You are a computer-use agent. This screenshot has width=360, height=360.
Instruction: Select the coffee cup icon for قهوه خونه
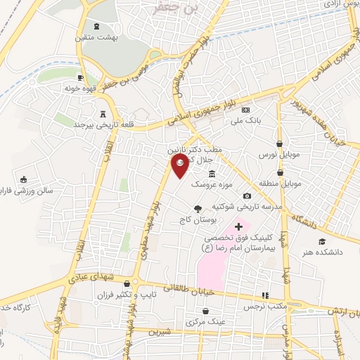[x=81, y=77]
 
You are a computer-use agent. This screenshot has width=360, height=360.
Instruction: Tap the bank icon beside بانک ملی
[x=245, y=110]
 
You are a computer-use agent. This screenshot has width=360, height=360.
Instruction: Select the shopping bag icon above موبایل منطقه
[x=280, y=172]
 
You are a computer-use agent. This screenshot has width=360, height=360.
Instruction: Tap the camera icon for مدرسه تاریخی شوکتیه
[x=247, y=195]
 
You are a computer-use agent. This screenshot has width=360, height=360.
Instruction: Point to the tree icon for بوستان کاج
[x=198, y=207]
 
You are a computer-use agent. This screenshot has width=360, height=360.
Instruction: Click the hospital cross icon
[x=239, y=226]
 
